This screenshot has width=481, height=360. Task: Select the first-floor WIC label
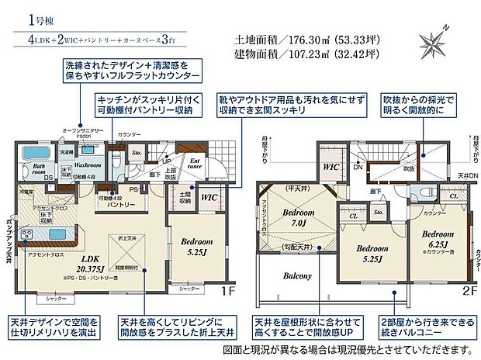(x=209, y=198)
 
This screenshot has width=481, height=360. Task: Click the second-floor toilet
(x=424, y=195)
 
